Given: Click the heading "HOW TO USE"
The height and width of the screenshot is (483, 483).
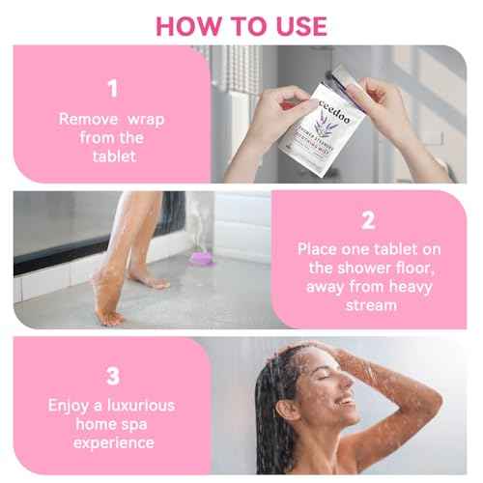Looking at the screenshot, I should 241,25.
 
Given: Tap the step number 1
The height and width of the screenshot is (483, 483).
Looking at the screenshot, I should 112,90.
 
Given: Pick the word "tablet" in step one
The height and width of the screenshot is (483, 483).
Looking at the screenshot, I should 112,156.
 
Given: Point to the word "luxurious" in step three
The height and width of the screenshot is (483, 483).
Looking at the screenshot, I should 135,406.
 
